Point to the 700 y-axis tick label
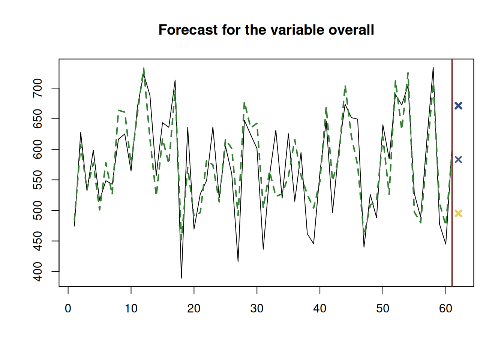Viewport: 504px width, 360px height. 38,88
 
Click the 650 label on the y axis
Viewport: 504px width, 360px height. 38,118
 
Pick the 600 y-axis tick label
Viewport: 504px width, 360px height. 38,149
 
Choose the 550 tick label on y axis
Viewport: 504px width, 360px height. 38,180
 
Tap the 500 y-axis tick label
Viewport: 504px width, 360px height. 38,210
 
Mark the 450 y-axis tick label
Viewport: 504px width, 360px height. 38,241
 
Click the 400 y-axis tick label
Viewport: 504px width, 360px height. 38,271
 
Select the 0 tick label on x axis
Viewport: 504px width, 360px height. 68,309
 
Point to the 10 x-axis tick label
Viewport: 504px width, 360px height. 131,309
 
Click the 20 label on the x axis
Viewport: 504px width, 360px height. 194,309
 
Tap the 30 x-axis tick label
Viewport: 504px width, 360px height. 257,309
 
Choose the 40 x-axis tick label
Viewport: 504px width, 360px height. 320,309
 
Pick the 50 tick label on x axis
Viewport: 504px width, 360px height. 383,309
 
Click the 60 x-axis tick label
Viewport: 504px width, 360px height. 445,309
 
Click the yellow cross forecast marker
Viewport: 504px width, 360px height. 458,213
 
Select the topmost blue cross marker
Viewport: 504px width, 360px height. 458,106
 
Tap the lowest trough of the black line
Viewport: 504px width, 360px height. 181,278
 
